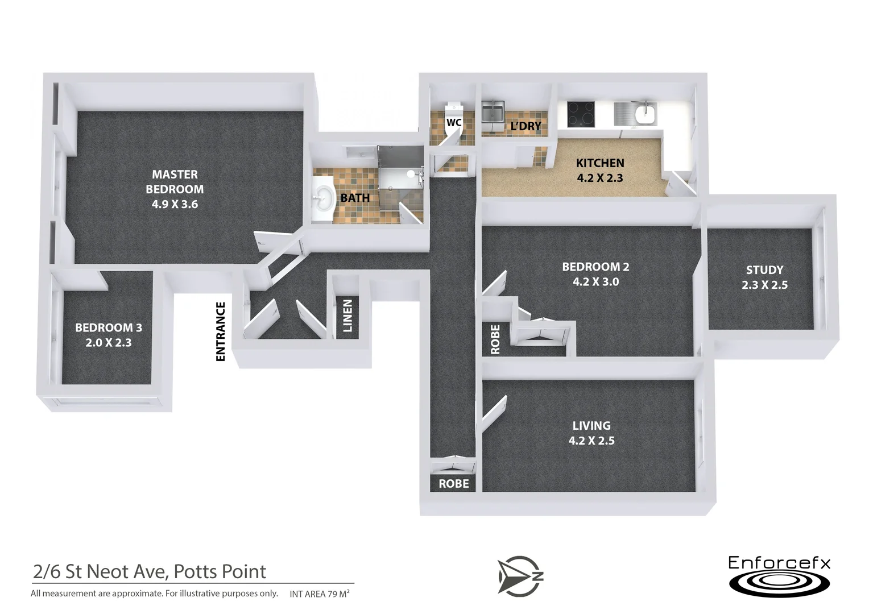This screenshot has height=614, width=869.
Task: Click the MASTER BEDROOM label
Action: click(175, 189)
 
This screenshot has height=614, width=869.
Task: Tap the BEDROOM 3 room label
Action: click(109, 335)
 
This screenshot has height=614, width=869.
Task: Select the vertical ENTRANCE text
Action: click(221, 331)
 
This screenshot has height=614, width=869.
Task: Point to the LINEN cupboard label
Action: click(347, 316)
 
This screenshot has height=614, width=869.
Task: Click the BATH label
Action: click(355, 198)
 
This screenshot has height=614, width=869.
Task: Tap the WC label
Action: click(453, 122)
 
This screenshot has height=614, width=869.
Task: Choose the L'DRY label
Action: click(525, 126)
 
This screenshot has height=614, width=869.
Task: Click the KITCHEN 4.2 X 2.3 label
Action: click(600, 171)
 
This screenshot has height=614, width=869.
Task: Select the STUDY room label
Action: click(764, 277)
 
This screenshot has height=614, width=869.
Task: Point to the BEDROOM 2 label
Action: click(595, 274)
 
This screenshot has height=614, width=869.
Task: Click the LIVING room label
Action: click(591, 433)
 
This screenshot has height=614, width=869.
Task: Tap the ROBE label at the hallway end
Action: click(453, 484)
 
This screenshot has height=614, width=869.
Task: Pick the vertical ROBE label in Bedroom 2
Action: click(495, 339)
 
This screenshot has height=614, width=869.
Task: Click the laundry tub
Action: click(493, 111)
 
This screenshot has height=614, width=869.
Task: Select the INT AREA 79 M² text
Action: click(320, 594)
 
